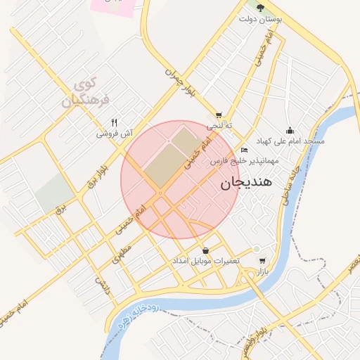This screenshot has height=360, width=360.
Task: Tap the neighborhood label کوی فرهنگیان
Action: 86,94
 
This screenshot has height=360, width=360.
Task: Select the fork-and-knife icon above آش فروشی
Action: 114,122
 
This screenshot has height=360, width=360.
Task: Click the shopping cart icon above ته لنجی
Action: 219,116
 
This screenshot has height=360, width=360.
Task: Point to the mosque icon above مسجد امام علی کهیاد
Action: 290,130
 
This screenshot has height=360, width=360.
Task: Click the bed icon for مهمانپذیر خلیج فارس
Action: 244,150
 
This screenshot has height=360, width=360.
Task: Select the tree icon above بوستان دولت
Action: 260,8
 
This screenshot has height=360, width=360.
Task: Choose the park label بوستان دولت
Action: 260,19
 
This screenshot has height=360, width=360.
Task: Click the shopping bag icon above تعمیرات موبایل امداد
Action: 205,250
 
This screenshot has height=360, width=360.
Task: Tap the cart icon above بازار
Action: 262,261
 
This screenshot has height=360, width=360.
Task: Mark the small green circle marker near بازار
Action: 257,249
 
